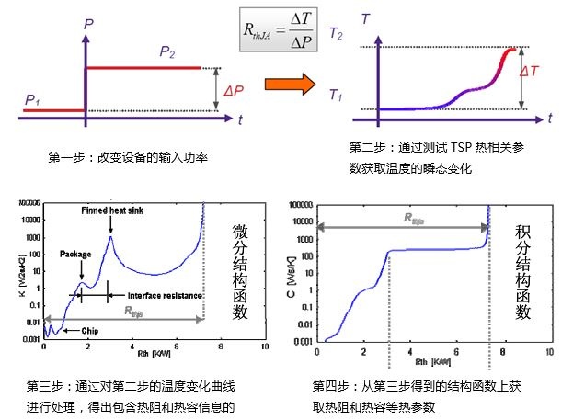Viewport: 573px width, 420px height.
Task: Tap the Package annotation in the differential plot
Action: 75,253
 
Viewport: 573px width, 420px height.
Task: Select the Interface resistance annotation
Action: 151,296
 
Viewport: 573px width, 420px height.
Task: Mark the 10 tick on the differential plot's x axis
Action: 264,348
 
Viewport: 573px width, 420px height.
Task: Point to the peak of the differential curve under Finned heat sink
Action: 110,236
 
